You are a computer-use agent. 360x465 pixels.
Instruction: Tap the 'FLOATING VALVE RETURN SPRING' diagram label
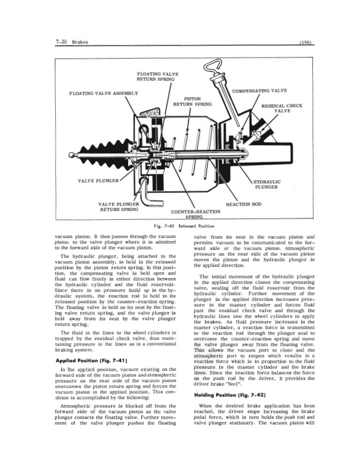[x=156, y=76]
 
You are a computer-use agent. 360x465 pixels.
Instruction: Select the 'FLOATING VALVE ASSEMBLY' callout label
[x=103, y=93]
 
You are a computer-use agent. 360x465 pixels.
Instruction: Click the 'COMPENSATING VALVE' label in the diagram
[x=251, y=91]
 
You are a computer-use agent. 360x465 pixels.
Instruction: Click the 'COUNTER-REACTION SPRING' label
[x=195, y=214]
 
